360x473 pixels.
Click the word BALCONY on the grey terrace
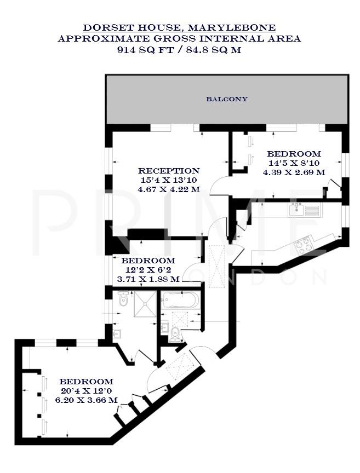(x=227, y=99)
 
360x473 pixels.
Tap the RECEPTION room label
(x=168, y=171)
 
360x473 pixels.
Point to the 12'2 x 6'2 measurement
(x=148, y=270)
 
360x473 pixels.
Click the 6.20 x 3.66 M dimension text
(x=86, y=400)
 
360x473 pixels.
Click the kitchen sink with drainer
(x=305, y=209)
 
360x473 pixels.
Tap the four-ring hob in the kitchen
(x=304, y=246)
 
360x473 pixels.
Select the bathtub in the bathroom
(x=180, y=300)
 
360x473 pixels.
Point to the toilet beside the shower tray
(x=123, y=300)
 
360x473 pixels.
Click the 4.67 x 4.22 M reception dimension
(x=168, y=189)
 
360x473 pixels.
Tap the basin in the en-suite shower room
(x=117, y=333)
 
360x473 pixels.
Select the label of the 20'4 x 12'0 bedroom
(x=86, y=382)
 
